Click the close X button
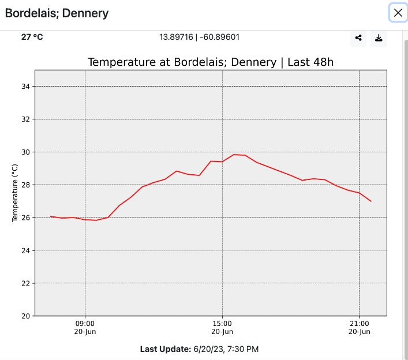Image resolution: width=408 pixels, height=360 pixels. click(398, 13)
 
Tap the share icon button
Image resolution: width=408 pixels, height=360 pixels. click(358, 38)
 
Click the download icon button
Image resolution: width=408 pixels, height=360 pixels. click(379, 38)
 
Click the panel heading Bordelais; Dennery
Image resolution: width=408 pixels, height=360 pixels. click(57, 13)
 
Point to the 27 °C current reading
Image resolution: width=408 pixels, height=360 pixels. click(32, 37)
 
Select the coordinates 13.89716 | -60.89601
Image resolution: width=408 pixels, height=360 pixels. click(199, 37)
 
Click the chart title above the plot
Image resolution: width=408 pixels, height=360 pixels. click(211, 62)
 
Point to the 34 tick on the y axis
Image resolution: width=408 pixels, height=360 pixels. click(25, 87)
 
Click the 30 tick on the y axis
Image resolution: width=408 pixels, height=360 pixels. click(25, 152)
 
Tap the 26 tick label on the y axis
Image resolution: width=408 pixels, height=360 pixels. click(25, 217)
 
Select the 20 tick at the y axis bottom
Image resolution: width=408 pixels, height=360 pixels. click(25, 316)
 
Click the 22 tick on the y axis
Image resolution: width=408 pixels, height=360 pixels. click(25, 283)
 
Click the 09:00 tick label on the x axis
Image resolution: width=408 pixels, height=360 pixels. click(85, 324)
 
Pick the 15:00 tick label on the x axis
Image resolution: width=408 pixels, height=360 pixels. click(222, 324)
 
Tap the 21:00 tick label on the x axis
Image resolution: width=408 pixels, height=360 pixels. click(359, 324)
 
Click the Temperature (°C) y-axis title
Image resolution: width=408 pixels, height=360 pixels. click(15, 193)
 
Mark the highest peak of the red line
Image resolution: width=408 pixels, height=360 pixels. click(234, 155)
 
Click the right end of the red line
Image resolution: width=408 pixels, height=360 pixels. click(370, 201)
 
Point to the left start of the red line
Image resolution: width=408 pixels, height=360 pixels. click(51, 216)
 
